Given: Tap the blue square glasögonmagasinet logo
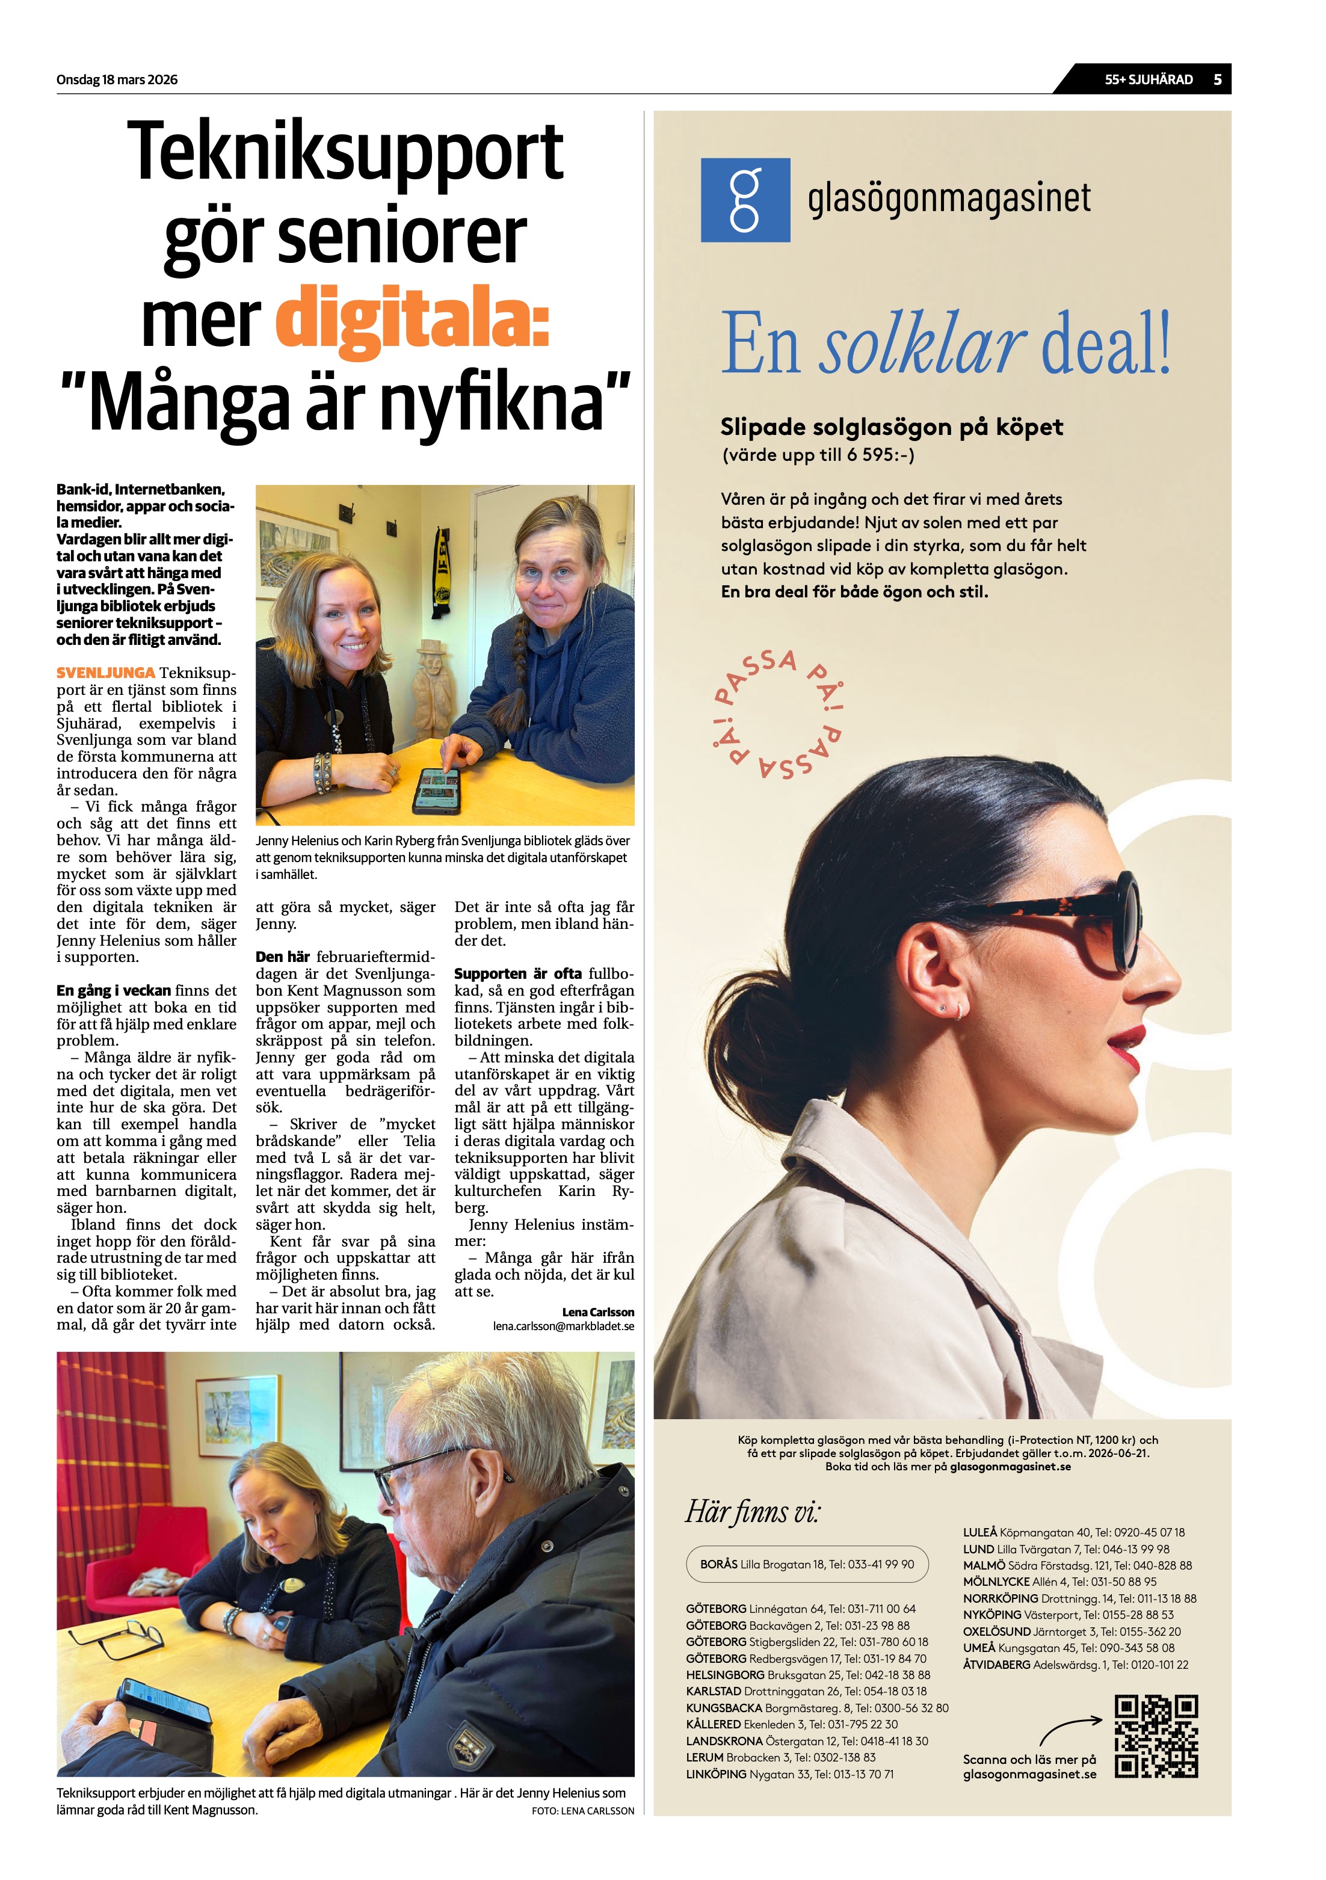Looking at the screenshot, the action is tap(744, 200).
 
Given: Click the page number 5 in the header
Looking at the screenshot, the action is tap(1217, 79).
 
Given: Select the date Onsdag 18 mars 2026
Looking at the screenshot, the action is tap(117, 79).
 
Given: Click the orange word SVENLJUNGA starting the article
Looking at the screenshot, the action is tap(106, 673).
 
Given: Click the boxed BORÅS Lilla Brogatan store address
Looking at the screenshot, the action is tap(807, 1564).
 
